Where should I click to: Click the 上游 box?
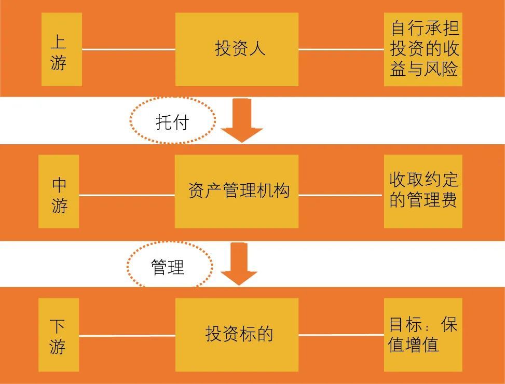[x=61, y=50]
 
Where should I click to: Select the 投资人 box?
[x=237, y=50]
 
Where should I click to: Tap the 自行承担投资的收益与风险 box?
[x=423, y=50]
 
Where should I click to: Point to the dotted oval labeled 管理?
[x=169, y=267]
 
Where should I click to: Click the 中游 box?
[x=59, y=191]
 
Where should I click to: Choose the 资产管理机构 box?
[x=237, y=191]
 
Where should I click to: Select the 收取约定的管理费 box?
[x=423, y=191]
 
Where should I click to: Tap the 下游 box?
[x=59, y=334]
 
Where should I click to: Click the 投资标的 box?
[x=237, y=334]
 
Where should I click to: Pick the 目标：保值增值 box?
[x=423, y=334]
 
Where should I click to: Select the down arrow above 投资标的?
[x=239, y=265]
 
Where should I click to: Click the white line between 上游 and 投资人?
[x=128, y=50]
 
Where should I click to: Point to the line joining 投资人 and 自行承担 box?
[x=341, y=50]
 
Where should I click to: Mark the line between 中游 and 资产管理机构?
[x=127, y=196]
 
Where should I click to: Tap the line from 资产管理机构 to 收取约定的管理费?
[x=341, y=196]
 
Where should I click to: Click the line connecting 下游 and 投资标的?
[x=127, y=335]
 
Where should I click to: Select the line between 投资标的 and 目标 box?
[x=341, y=335]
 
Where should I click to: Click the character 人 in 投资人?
[x=257, y=49]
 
